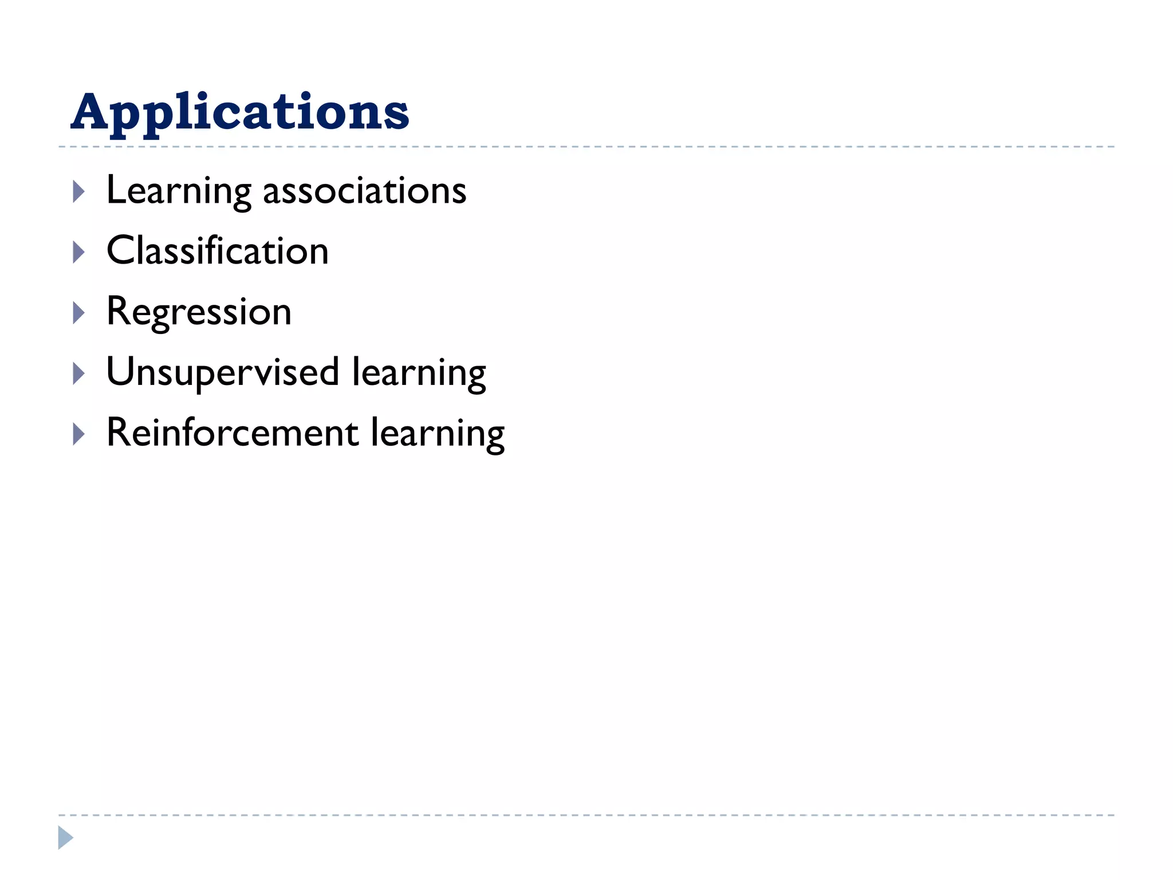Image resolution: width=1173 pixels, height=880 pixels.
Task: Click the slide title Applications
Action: coord(239,112)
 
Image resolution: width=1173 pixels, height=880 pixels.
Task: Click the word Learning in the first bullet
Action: coord(179,191)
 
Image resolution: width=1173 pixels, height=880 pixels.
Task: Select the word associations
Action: coord(364,191)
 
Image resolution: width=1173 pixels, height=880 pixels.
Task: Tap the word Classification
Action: coord(218,251)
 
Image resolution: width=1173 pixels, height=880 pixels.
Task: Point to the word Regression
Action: coord(199,313)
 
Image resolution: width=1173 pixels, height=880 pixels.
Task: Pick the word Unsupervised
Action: coord(223,373)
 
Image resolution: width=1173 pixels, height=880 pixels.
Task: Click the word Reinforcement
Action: coord(232,433)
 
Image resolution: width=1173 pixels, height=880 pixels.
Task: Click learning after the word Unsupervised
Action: coord(419,374)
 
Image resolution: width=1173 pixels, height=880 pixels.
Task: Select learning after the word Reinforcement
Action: coord(438,434)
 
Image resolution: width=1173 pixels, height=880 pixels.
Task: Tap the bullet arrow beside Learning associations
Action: coord(79,192)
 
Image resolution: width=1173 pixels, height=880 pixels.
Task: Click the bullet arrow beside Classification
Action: coord(79,252)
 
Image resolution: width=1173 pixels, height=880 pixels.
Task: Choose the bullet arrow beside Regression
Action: coord(79,313)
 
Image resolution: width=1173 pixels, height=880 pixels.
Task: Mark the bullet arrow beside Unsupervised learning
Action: coord(79,374)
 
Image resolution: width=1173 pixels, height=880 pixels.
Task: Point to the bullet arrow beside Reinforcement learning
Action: coord(79,434)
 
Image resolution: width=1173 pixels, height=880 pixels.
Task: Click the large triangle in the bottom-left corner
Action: coord(65,838)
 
